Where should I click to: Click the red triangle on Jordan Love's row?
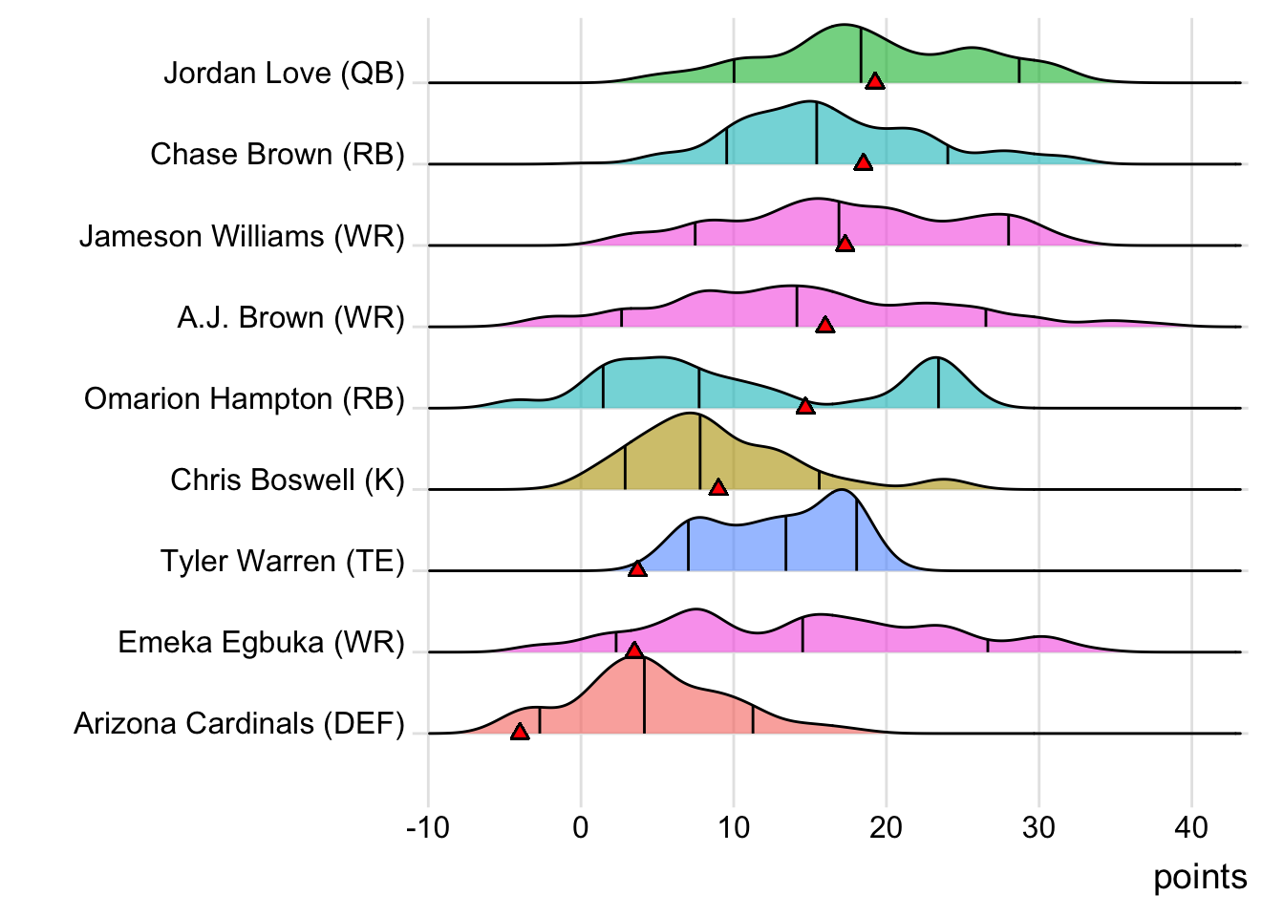click(x=874, y=81)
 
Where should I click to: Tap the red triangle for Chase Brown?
click(x=863, y=162)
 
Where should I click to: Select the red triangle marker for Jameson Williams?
click(x=845, y=244)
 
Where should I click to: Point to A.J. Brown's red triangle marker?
click(x=824, y=325)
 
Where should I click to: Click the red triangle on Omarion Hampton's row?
click(x=805, y=406)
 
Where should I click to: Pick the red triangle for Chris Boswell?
click(x=718, y=487)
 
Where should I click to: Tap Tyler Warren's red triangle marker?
click(x=637, y=568)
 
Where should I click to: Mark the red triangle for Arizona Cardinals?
click(x=520, y=732)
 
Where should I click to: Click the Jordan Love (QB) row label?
click(x=284, y=74)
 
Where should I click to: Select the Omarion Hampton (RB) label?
click(x=245, y=398)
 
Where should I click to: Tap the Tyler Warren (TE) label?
click(x=283, y=561)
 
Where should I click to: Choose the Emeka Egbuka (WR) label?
click(x=261, y=642)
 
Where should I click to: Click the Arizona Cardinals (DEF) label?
click(x=239, y=724)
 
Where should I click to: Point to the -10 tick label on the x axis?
click(x=427, y=827)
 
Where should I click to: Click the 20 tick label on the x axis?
click(x=886, y=827)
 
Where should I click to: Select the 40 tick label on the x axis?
click(x=1191, y=827)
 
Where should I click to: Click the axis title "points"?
click(x=1200, y=877)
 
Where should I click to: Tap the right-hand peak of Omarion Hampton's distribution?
click(x=937, y=359)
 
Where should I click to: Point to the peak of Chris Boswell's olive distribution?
click(x=690, y=415)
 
